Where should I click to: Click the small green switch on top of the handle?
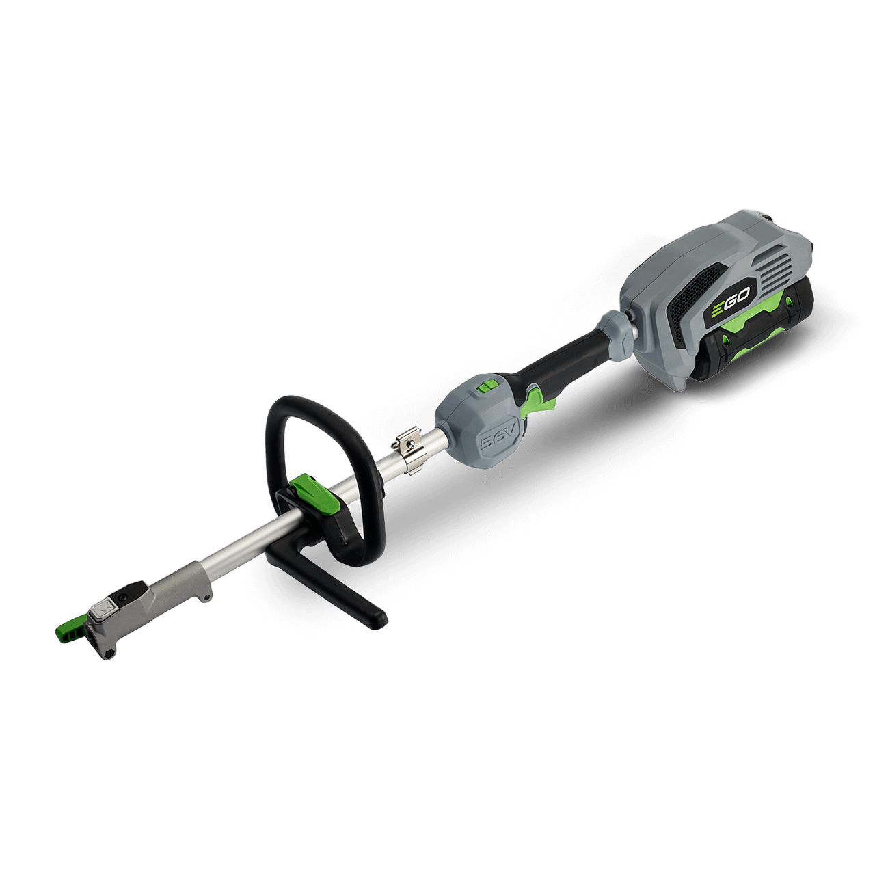tap(487, 386)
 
